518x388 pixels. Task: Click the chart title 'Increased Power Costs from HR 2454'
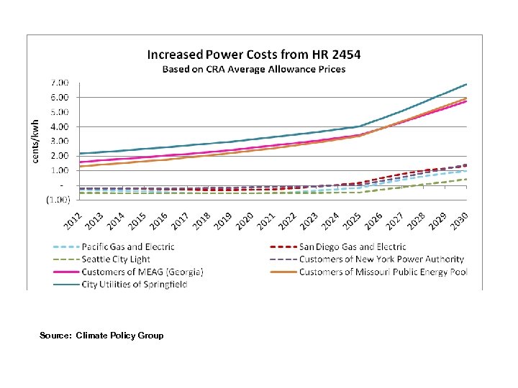pos(254,55)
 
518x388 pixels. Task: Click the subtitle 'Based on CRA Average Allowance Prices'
pos(254,69)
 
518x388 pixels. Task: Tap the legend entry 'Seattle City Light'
pos(116,259)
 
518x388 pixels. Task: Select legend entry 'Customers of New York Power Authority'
pos(381,259)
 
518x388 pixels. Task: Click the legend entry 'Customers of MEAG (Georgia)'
pos(142,272)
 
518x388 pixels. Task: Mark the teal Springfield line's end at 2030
pos(466,84)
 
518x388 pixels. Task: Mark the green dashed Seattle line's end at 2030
pos(466,180)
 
